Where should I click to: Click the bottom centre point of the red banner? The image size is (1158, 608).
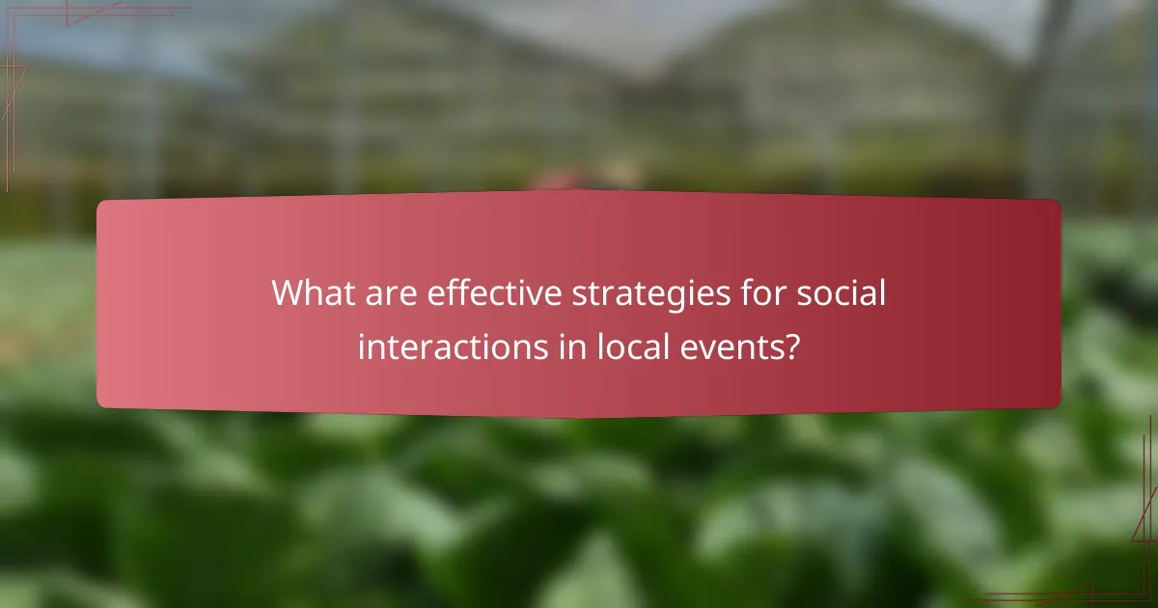pos(579,417)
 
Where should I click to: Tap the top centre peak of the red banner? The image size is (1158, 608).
pos(579,191)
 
